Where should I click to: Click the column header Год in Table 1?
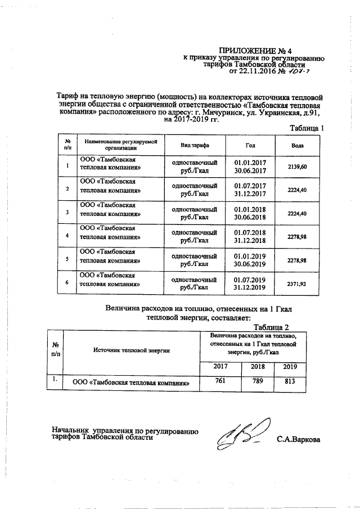point(250,145)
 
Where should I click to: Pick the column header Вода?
point(298,145)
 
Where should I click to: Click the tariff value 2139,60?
point(296,167)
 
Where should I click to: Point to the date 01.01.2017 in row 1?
point(250,163)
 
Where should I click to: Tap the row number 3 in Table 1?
point(67,213)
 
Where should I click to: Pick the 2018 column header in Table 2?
point(257,366)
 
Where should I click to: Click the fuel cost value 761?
point(221,381)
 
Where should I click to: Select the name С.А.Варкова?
point(298,439)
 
